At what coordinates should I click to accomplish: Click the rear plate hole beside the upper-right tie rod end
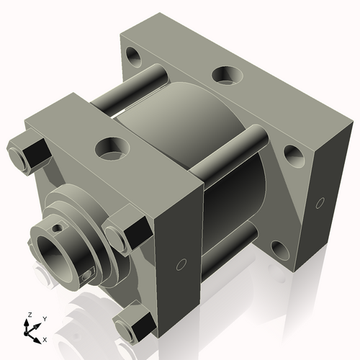coord(293,153)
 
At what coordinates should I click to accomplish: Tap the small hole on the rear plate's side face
coord(319,203)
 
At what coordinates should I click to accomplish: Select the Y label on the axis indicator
coord(44,318)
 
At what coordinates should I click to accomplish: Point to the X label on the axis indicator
coord(45,338)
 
